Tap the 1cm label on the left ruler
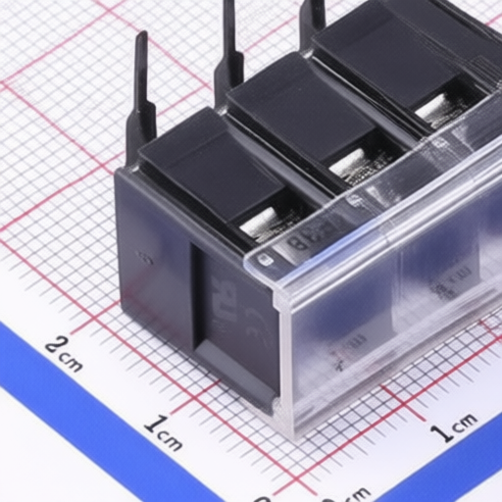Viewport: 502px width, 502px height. click(x=163, y=433)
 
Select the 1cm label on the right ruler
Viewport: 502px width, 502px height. click(x=454, y=427)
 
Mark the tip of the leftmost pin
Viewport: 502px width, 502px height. click(x=141, y=36)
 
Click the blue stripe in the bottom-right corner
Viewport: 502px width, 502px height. click(x=461, y=471)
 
